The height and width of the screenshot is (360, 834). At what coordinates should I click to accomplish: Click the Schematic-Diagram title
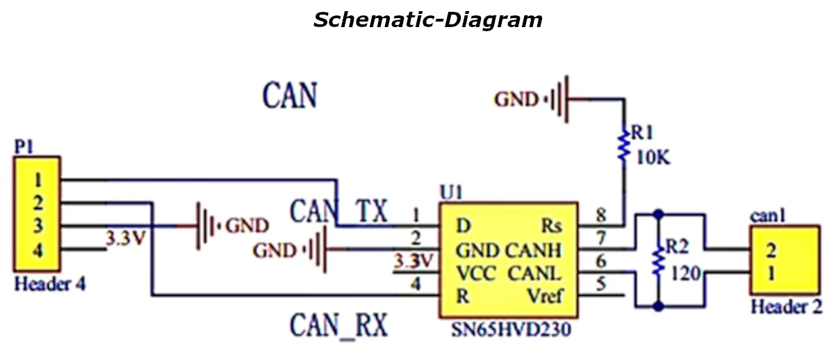(427, 19)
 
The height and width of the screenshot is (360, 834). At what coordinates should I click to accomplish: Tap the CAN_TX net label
(338, 211)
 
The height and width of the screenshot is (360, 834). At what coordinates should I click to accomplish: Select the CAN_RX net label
(338, 324)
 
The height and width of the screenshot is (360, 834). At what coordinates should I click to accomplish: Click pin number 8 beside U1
(600, 215)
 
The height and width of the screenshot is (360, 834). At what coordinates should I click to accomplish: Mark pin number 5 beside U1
(600, 284)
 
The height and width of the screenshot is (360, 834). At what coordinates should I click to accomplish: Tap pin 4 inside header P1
(38, 251)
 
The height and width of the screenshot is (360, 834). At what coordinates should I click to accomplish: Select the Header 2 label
(786, 306)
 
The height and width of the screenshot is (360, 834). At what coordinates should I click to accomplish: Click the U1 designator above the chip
(450, 191)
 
